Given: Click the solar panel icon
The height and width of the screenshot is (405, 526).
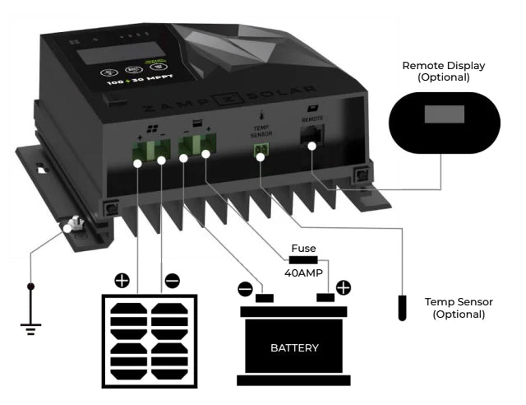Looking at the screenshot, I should [x=149, y=340].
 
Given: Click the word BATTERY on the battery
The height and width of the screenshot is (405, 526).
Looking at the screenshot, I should [x=293, y=347].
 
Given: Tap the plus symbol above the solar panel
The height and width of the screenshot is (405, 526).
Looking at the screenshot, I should [x=122, y=282].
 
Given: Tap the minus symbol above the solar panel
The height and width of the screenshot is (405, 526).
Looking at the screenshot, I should [x=172, y=282].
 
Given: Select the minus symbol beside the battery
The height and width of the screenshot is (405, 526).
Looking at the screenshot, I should [x=245, y=289].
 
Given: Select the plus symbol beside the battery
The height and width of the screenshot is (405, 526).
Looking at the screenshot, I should [x=343, y=288].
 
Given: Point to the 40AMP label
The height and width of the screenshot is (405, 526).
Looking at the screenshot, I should [x=303, y=272].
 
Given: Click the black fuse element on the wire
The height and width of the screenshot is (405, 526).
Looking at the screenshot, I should [x=303, y=259].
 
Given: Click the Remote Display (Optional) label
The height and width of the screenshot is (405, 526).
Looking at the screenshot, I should [x=443, y=71].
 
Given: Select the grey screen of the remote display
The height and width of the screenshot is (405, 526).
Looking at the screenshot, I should [x=443, y=113].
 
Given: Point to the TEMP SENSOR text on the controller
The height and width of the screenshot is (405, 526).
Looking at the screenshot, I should [x=261, y=132].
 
